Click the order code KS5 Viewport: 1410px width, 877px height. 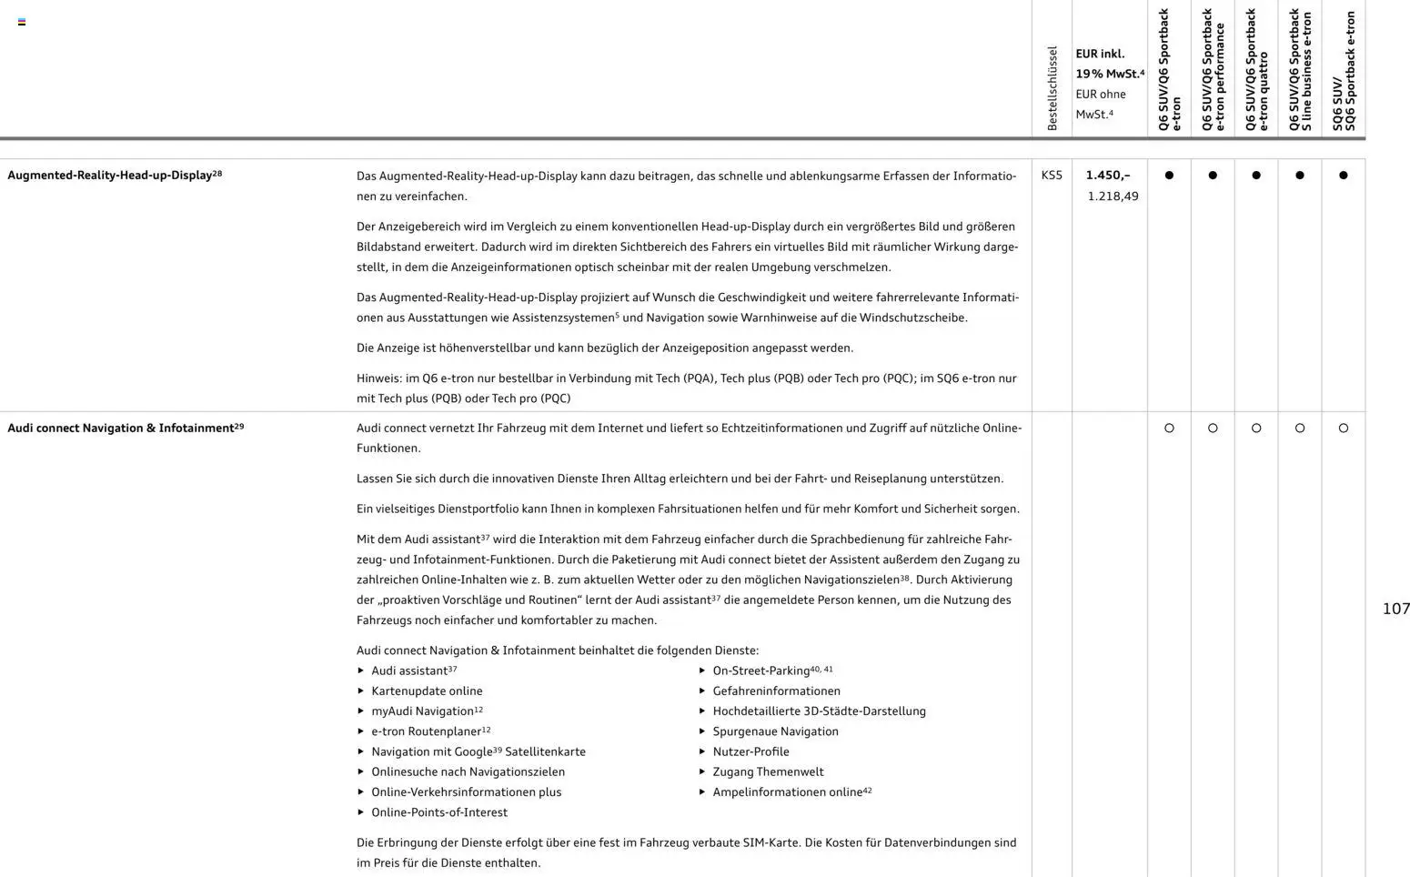point(1051,175)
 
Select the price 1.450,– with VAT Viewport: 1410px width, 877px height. point(1107,175)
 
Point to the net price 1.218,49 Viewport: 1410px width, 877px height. point(1113,196)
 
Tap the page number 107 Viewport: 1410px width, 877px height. point(1395,609)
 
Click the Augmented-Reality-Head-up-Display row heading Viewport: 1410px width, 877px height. point(115,175)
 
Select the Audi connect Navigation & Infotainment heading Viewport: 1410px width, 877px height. point(126,428)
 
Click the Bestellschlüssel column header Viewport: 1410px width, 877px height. point(1052,88)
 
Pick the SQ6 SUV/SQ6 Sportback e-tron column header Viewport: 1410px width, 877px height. point(1343,71)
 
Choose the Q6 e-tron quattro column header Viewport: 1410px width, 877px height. point(1255,71)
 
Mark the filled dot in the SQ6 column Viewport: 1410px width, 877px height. point(1343,176)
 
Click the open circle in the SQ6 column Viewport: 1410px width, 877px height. point(1343,428)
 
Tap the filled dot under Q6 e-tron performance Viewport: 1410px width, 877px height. point(1212,176)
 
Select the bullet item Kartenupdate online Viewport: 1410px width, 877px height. point(427,691)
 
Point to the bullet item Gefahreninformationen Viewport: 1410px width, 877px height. point(776,691)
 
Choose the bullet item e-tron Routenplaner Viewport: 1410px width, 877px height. point(426,731)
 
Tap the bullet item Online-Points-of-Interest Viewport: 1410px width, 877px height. point(439,812)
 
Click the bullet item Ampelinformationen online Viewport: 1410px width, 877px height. point(787,792)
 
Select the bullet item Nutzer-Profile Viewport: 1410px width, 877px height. point(750,751)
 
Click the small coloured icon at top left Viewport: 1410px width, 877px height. point(22,22)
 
